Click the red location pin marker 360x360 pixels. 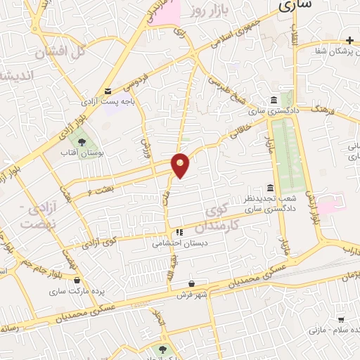click(181, 165)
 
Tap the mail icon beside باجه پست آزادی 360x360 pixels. click(108, 91)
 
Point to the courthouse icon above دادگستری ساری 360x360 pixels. click(274, 101)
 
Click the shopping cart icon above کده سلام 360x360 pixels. click(341, 320)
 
